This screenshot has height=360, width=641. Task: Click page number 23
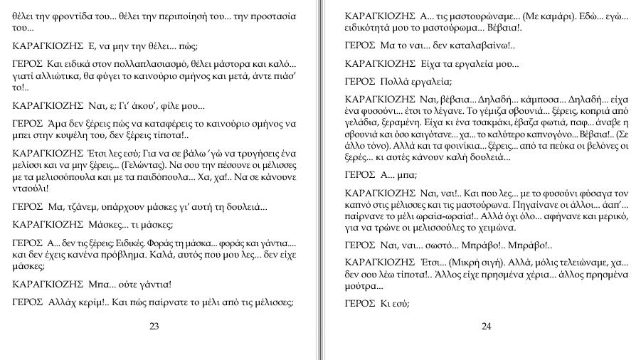click(154, 327)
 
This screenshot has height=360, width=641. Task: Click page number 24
click(487, 327)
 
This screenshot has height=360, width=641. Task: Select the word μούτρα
click(362, 286)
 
